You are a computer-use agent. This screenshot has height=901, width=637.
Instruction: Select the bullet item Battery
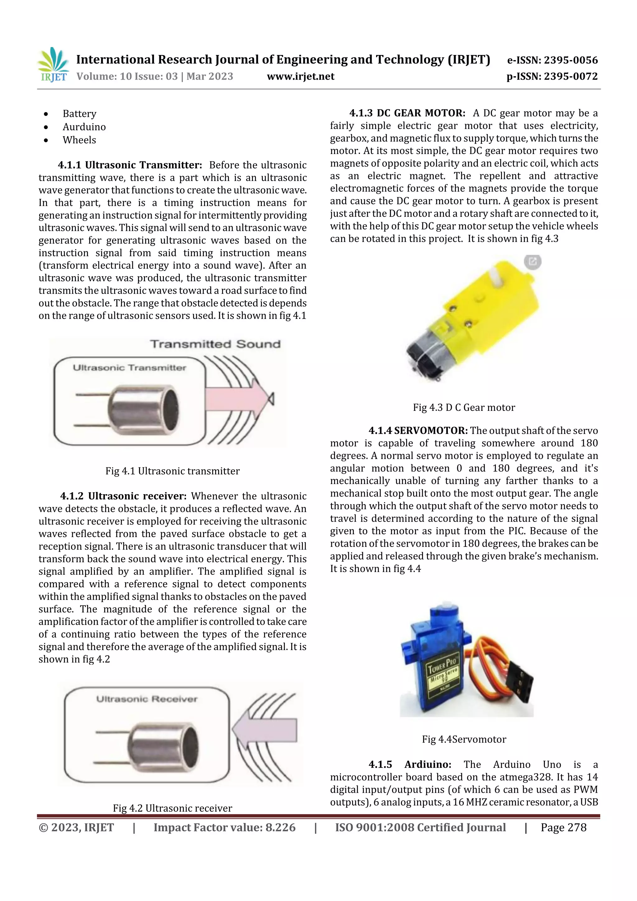coord(79,114)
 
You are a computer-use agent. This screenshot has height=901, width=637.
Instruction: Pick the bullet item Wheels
coord(79,140)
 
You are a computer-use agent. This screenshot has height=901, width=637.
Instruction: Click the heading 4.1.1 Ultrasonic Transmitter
coord(129,165)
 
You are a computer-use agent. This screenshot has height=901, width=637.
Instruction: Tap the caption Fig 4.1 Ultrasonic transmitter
coord(172,471)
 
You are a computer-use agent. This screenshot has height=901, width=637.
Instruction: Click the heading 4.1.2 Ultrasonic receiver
coord(123,496)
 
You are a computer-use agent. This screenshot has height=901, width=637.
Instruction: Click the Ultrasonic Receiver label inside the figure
coord(147,699)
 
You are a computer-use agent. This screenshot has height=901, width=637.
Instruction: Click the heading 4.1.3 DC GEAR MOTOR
coord(407,113)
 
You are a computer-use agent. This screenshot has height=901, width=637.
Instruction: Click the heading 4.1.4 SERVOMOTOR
coord(418,430)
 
